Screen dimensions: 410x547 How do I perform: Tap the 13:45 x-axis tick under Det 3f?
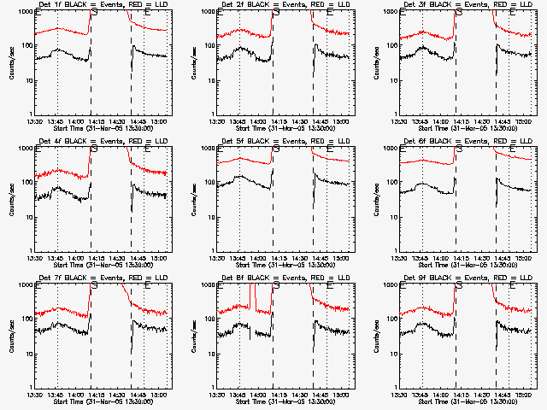(421, 121)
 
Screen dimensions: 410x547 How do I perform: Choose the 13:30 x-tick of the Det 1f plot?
(35, 121)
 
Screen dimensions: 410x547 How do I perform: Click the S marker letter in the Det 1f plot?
(93, 14)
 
